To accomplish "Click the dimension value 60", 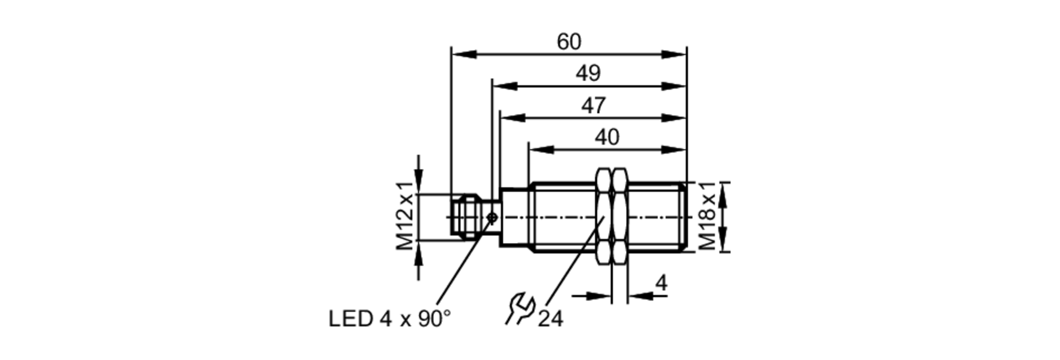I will pos(569,42).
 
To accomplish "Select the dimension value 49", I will pos(588,73).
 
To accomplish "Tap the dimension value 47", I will pos(593,106).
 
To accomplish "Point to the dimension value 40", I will pos(606,137).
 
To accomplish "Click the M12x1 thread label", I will pos(405,216).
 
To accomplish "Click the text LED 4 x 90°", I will pos(390,319).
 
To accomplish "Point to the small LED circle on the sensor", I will pos(492,217).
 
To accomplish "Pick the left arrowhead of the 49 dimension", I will pos(504,86).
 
